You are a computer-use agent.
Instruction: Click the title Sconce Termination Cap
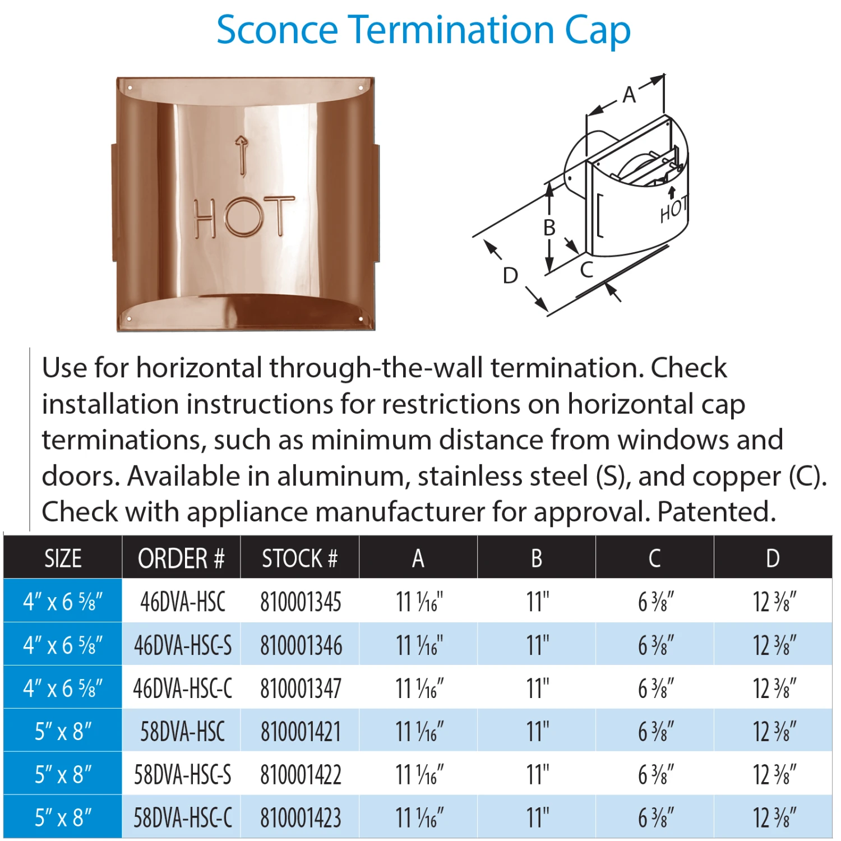(x=423, y=30)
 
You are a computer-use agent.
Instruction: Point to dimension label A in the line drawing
(x=629, y=95)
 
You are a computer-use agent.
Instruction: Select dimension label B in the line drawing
(x=549, y=228)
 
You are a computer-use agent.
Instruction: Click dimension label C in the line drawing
(x=586, y=270)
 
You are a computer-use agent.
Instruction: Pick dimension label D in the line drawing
(x=510, y=275)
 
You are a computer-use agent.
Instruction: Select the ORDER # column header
(x=181, y=558)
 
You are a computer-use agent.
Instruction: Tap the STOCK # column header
(x=299, y=558)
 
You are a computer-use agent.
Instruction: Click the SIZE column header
(x=63, y=558)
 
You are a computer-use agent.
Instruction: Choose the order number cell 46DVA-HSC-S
(x=182, y=645)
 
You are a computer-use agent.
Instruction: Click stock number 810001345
(x=301, y=602)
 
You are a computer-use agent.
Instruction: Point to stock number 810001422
(x=301, y=775)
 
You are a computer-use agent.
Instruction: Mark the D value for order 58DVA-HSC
(x=774, y=732)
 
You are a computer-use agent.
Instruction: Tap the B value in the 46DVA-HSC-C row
(x=537, y=688)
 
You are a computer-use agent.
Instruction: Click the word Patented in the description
(x=716, y=512)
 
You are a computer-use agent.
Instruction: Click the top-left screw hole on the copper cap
(x=130, y=88)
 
